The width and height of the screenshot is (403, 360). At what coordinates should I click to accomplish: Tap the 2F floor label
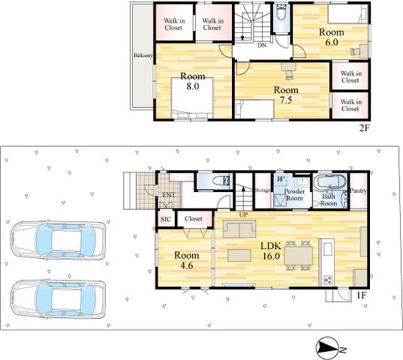[364, 127]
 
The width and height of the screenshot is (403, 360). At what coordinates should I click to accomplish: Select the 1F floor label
[361, 295]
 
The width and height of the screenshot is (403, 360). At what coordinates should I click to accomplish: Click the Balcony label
[143, 55]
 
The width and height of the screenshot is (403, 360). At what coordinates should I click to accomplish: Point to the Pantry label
[358, 190]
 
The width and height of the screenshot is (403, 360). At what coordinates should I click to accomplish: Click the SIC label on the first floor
[166, 220]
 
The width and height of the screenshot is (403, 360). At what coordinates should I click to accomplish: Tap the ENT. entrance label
[169, 195]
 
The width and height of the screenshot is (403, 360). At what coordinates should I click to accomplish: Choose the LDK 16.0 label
[271, 250]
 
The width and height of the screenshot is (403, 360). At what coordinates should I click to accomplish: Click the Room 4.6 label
[187, 260]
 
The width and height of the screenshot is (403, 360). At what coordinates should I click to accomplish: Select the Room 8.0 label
[193, 81]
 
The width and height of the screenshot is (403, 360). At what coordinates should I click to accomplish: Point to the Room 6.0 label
[331, 37]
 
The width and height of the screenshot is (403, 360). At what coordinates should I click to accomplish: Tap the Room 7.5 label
[286, 94]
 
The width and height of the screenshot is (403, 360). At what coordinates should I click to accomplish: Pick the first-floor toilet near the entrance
[221, 181]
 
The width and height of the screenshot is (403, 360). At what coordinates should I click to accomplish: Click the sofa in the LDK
[239, 229]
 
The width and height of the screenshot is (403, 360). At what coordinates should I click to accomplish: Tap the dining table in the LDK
[299, 256]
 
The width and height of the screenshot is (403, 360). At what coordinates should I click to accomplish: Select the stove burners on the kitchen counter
[327, 280]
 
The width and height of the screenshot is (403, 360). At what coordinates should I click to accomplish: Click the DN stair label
[262, 46]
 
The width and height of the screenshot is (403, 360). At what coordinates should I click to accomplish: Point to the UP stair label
[243, 214]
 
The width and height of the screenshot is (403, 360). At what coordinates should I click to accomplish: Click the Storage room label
[263, 190]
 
